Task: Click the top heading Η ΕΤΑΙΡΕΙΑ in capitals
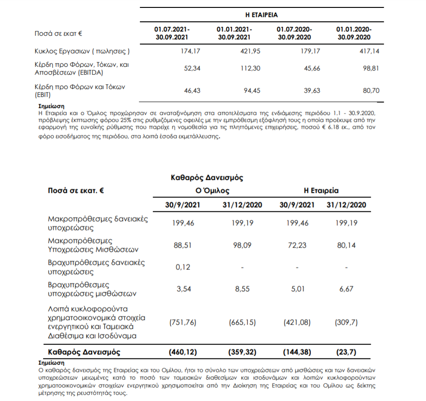[262, 15]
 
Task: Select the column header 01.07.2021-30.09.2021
[172, 33]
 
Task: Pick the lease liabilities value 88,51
[183, 245]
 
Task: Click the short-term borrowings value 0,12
[183, 267]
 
